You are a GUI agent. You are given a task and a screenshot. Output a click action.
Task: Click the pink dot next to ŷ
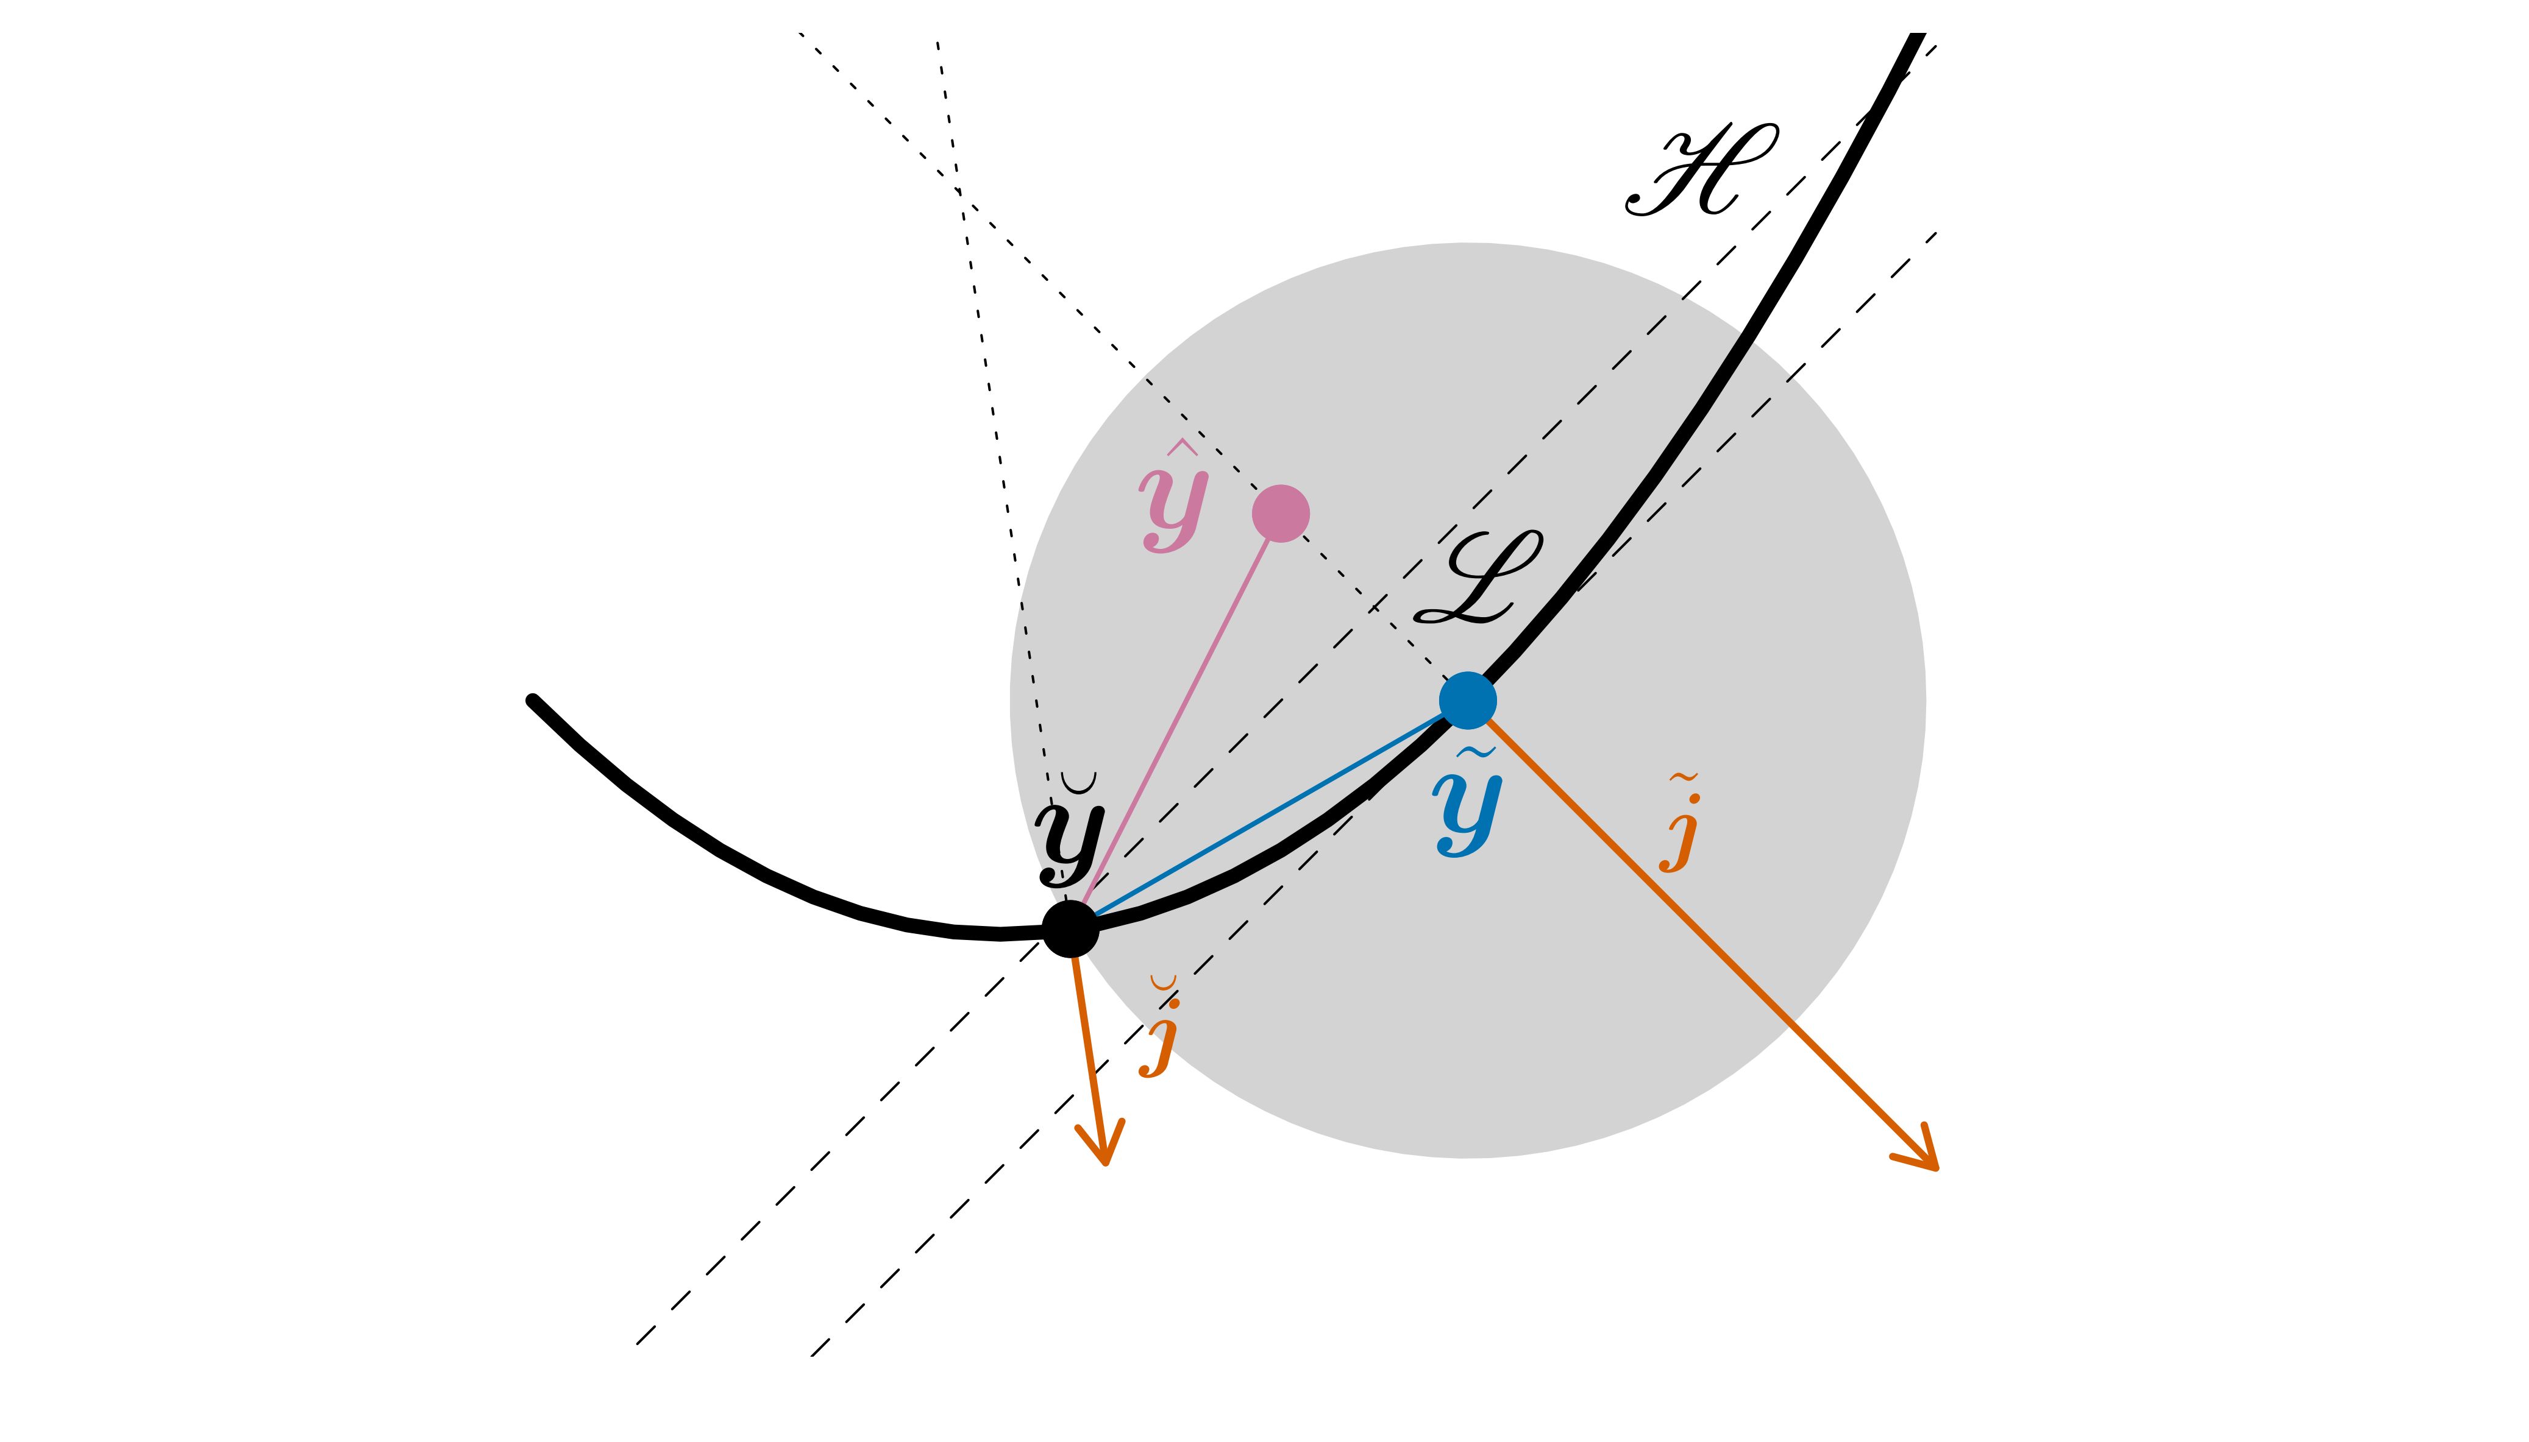(1280, 513)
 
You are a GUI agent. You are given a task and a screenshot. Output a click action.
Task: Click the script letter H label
(1702, 171)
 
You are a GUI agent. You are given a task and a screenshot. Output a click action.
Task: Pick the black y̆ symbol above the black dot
(1070, 837)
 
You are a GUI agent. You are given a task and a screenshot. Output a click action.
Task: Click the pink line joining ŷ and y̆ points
(1179, 718)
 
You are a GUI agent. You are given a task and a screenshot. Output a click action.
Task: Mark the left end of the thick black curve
(533, 700)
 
